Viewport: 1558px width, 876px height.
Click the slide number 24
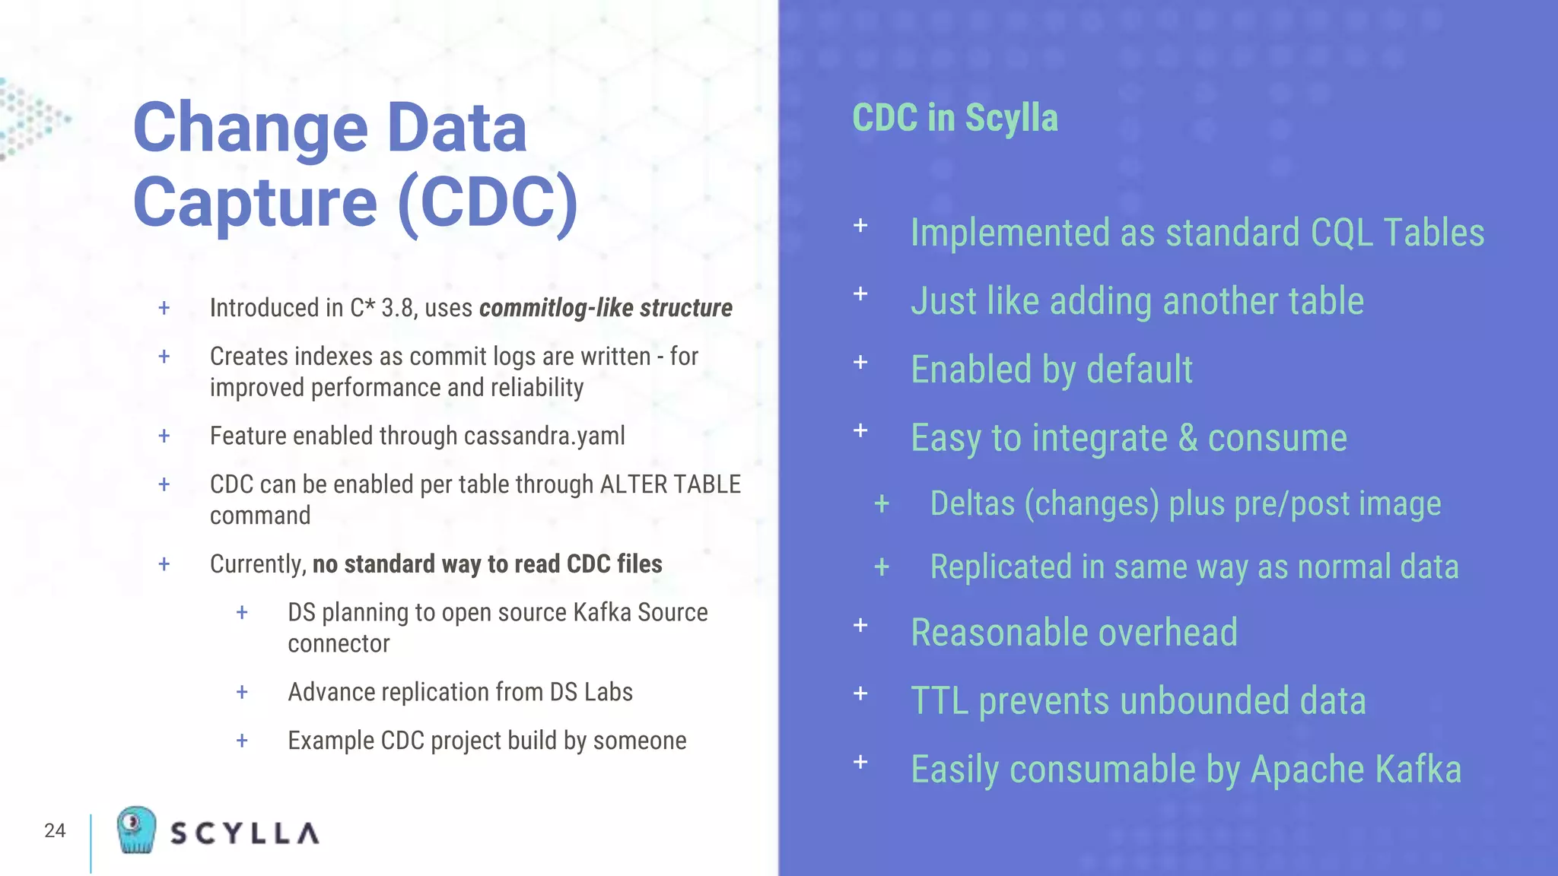click(55, 830)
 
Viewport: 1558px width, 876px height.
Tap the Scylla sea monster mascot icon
click(136, 830)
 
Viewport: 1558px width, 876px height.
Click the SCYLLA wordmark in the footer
click(244, 833)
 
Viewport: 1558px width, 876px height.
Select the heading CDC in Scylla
click(955, 118)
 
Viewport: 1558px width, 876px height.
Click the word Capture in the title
click(256, 202)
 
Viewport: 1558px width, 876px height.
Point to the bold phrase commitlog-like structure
click(606, 308)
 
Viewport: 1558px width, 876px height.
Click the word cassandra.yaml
click(544, 436)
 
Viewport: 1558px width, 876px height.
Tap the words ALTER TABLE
click(670, 484)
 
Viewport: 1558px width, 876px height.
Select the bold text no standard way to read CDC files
click(487, 564)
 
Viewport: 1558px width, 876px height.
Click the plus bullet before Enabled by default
click(860, 362)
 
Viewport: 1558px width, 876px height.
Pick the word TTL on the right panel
click(940, 701)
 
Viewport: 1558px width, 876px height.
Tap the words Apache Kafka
click(1356, 770)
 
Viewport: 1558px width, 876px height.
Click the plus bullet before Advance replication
click(242, 692)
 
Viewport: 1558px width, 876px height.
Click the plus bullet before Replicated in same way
click(882, 567)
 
